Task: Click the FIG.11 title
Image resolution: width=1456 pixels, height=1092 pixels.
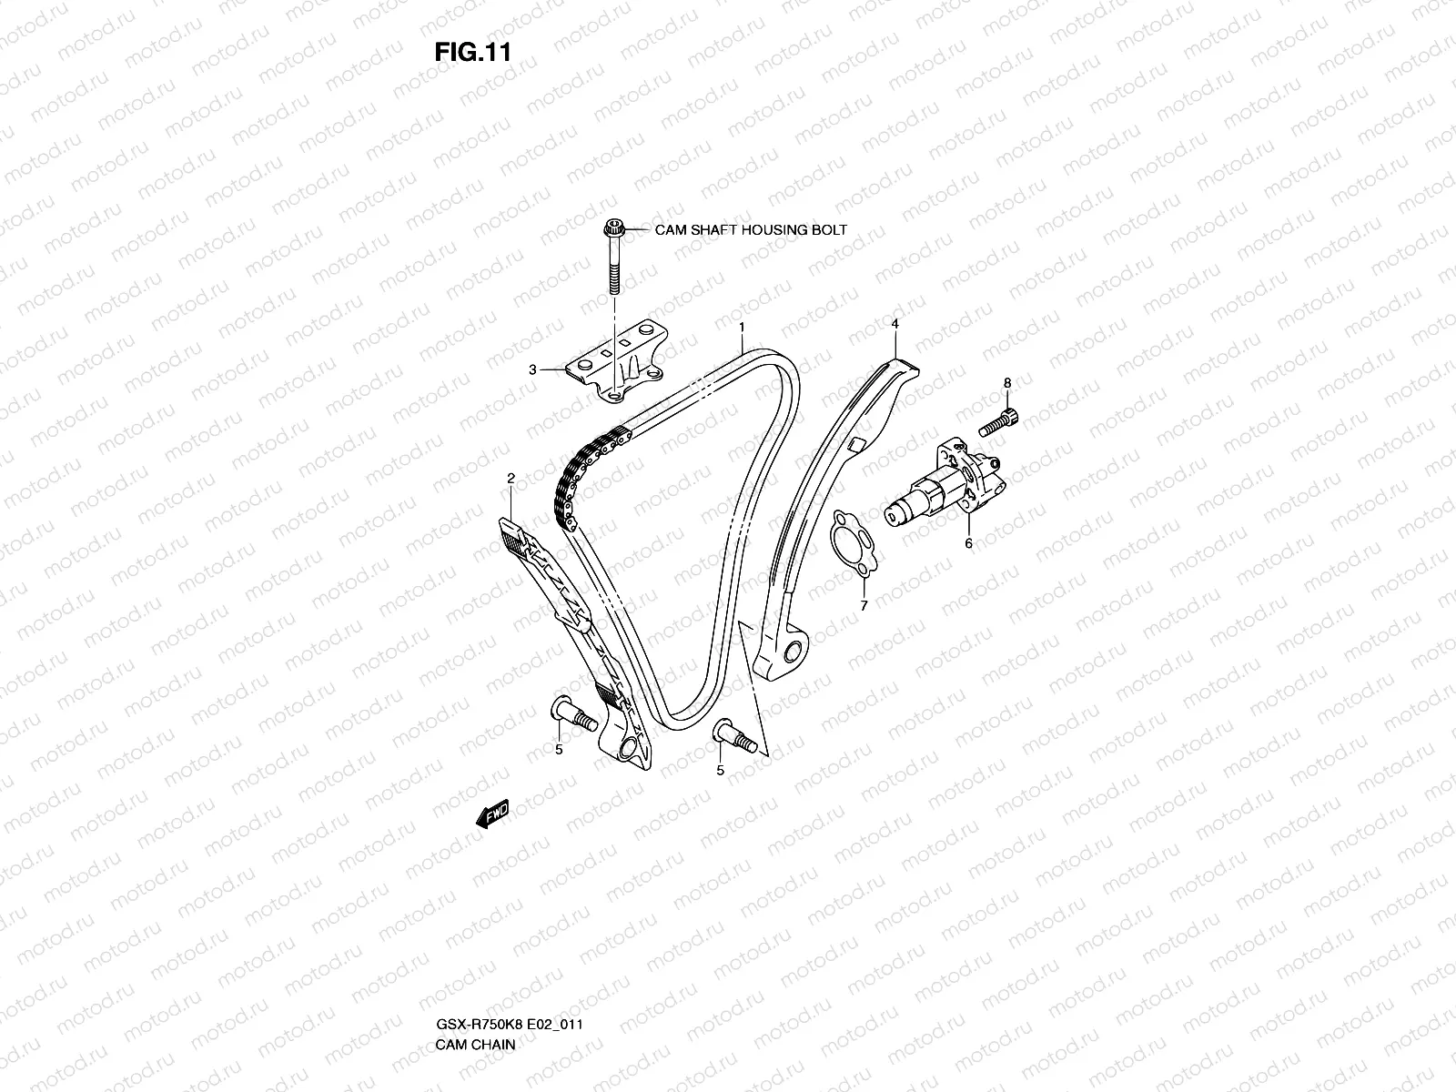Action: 471,52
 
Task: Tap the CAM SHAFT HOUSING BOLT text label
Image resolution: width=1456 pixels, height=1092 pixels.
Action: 751,229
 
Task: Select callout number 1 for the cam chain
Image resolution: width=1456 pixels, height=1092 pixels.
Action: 743,326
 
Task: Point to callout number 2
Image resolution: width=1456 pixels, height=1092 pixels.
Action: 511,478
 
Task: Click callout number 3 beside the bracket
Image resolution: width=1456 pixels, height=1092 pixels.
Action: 532,369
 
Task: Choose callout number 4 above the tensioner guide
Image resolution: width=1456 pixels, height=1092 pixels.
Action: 895,324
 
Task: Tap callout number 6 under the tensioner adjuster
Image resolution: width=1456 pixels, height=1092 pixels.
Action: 968,543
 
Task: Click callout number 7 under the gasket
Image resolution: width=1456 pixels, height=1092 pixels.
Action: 864,604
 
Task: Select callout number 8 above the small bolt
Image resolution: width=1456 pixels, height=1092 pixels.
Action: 1007,383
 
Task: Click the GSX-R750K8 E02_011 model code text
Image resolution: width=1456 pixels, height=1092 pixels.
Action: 509,947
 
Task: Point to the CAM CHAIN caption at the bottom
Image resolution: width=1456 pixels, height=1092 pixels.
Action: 475,967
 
